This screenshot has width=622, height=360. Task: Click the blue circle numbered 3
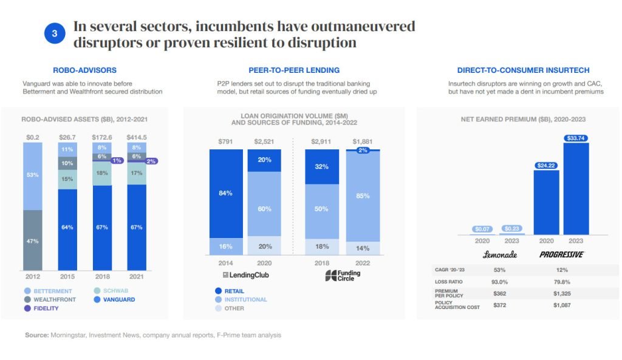[x=54, y=35]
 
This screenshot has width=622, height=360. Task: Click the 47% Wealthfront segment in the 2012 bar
[x=33, y=240]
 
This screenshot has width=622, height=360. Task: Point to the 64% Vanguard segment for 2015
[x=67, y=228]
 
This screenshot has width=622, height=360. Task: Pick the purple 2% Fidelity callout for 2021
[x=151, y=161]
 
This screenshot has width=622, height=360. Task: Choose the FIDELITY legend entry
[x=42, y=308]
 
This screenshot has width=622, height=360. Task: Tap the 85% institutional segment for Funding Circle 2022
[x=363, y=196]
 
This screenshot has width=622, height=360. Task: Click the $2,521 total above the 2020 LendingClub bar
[x=263, y=142]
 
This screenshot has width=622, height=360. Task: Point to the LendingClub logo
[x=243, y=275]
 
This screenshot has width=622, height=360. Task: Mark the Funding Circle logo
[x=343, y=276]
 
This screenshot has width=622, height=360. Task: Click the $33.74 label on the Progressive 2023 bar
[x=576, y=137]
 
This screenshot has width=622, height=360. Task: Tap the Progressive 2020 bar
[x=546, y=204]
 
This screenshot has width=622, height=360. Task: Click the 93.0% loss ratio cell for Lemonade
[x=499, y=282]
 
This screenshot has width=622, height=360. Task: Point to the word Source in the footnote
[x=36, y=335]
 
